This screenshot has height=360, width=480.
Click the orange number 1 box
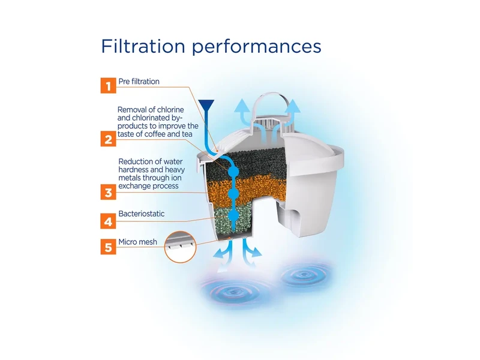(109, 85)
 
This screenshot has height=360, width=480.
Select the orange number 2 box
(109, 139)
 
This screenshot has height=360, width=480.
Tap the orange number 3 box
(109, 192)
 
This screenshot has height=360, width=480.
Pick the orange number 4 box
(109, 221)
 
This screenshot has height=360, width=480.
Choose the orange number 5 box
(109, 247)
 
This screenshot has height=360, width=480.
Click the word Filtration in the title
(143, 46)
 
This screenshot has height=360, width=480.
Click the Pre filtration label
(139, 82)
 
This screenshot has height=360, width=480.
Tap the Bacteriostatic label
(142, 214)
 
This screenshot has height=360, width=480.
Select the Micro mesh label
(138, 242)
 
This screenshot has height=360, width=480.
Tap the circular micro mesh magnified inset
(181, 247)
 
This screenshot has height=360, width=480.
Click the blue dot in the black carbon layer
(233, 171)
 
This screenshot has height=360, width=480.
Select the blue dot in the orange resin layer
(233, 193)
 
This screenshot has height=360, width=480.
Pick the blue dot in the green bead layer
(233, 216)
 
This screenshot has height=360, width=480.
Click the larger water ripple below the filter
(234, 292)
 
